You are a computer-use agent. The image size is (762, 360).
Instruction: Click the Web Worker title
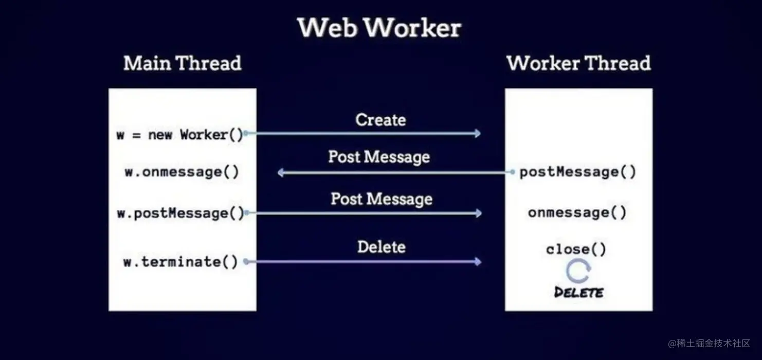click(x=379, y=28)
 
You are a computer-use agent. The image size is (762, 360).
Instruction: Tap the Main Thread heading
click(x=182, y=63)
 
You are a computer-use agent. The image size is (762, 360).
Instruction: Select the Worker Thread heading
click(x=578, y=63)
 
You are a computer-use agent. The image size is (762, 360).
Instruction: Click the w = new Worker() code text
click(x=179, y=135)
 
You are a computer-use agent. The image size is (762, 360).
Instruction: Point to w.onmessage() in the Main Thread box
click(x=182, y=172)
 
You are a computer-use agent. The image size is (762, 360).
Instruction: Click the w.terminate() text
click(x=180, y=261)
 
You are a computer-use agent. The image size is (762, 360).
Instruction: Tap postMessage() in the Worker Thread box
click(x=578, y=172)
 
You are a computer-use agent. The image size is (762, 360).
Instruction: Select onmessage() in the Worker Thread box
click(x=577, y=212)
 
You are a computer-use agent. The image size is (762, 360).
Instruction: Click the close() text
click(x=576, y=250)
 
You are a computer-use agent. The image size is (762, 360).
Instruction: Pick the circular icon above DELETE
click(x=578, y=271)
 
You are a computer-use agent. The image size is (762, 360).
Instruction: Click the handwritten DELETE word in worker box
click(x=578, y=292)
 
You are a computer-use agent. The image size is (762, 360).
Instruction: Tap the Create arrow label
click(x=380, y=120)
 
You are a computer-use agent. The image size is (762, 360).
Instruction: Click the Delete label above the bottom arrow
click(x=381, y=247)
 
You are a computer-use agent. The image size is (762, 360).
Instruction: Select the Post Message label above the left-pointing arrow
click(x=379, y=157)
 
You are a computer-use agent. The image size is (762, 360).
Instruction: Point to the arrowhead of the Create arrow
click(x=478, y=134)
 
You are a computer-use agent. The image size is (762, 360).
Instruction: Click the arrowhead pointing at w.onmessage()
click(x=281, y=172)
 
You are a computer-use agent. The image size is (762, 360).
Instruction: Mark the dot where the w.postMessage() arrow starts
click(x=246, y=212)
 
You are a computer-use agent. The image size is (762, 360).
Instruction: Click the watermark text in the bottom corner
click(x=709, y=343)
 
